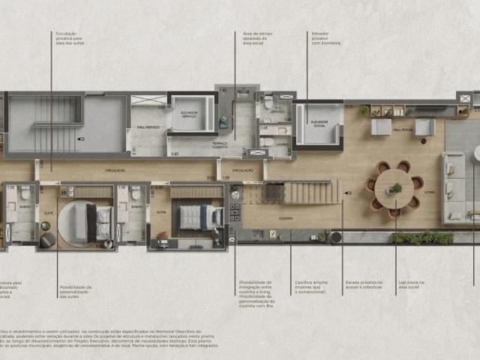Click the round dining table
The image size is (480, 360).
pos(394,187)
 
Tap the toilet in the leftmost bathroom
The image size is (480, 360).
pos(25,193)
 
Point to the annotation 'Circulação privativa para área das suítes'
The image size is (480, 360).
pos(68,38)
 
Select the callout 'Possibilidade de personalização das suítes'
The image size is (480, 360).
pos(76,291)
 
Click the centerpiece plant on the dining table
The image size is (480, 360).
pos(394,187)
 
